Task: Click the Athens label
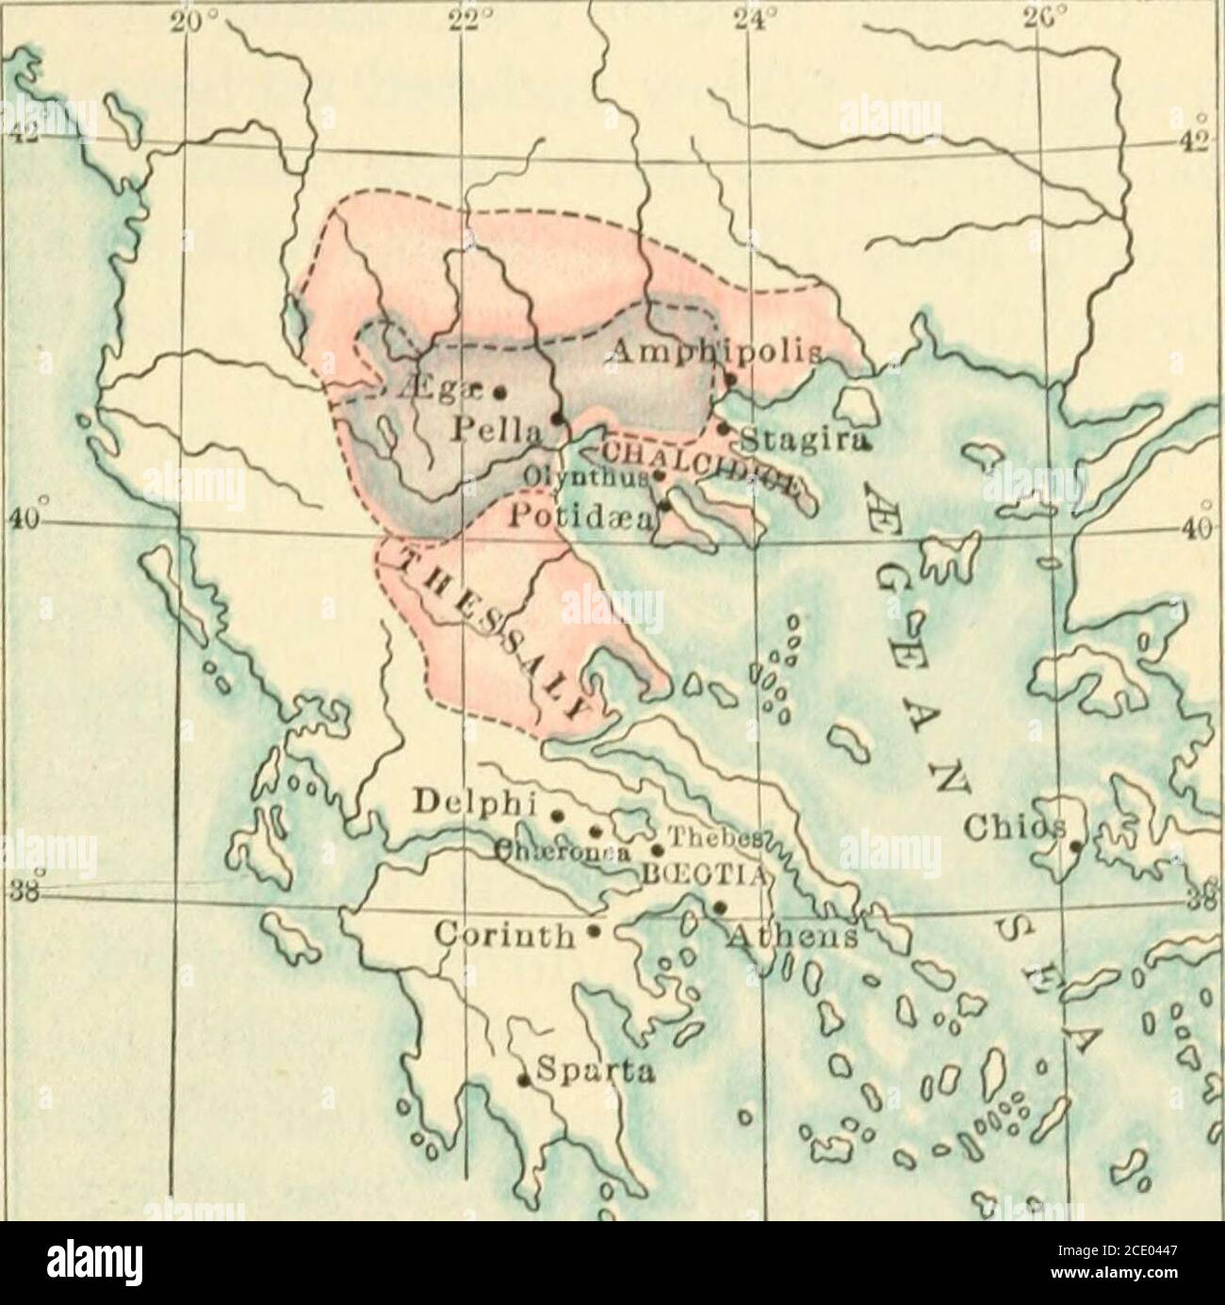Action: [x=792, y=938]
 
